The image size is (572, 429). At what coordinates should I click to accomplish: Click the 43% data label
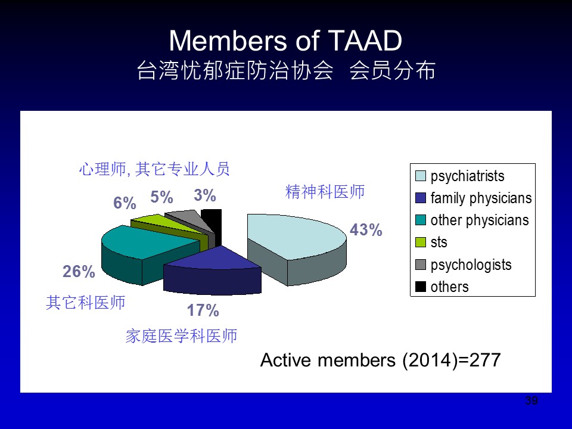pos(366,230)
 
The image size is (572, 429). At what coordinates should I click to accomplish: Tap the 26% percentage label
pos(79,272)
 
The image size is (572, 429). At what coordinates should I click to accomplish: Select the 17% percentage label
pos(203,310)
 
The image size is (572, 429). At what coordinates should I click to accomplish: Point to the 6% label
pos(125,203)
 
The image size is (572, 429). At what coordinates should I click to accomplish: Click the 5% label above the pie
pos(161,197)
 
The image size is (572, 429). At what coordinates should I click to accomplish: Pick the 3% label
pos(204,195)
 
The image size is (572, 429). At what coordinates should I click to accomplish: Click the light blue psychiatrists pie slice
pos(296,241)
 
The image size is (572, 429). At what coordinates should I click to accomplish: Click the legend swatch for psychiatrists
pos(421,176)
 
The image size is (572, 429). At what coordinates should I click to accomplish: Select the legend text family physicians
pos(481,198)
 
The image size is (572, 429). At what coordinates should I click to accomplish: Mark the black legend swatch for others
pos(421,287)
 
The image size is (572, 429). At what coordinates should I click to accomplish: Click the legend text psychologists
pos(471,265)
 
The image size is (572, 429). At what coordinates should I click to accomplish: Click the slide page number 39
pos(531,400)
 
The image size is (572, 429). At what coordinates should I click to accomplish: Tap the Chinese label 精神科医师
pos(325,191)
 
